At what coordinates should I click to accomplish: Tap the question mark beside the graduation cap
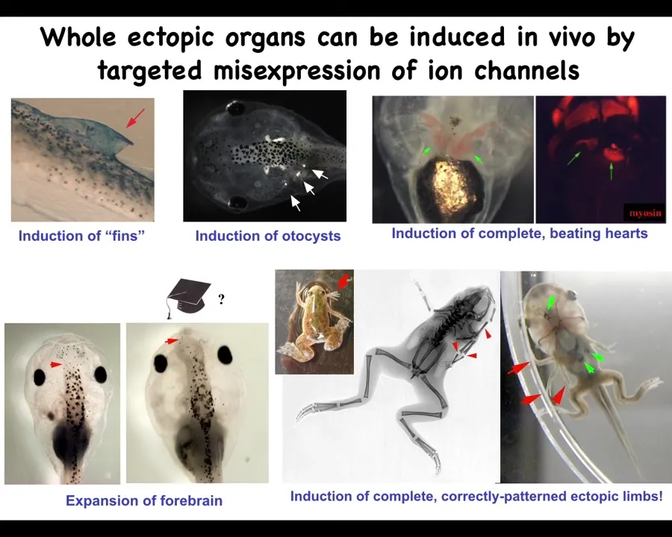221,298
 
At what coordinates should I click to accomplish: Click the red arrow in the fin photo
135,118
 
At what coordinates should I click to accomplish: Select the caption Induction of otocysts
268,236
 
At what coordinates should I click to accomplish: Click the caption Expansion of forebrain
144,500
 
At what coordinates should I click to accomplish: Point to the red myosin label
645,213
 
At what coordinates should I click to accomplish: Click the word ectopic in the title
170,38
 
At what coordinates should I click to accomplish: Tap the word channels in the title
526,71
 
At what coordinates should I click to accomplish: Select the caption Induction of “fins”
82,236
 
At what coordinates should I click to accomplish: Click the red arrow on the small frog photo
345,281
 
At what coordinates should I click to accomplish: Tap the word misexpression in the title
297,71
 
